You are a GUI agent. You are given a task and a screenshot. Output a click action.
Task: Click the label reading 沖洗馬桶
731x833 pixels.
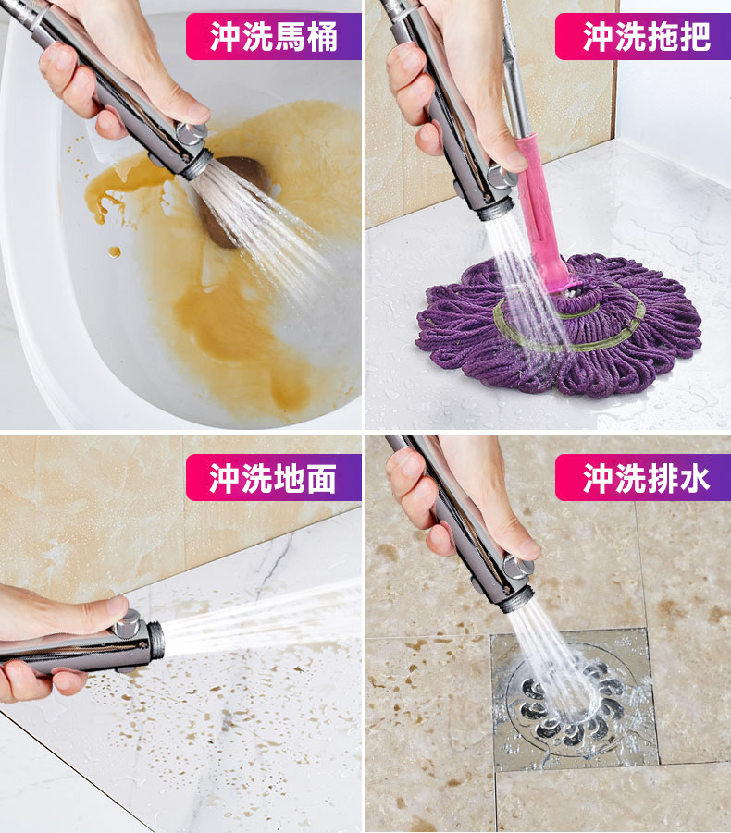274,36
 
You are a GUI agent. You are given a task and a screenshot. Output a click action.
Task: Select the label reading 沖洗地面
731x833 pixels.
273,478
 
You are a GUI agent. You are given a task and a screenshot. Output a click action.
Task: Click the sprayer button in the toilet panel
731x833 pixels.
192,134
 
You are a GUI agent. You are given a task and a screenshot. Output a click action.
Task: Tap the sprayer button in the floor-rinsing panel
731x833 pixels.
128,625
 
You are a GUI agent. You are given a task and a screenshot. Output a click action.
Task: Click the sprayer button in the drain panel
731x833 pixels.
518,568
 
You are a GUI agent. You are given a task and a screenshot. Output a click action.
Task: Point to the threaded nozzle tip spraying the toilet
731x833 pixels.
199,165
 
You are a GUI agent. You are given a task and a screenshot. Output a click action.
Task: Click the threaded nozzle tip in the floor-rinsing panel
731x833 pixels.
155,639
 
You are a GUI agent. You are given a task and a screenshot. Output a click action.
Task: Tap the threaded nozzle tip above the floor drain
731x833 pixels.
513,600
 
